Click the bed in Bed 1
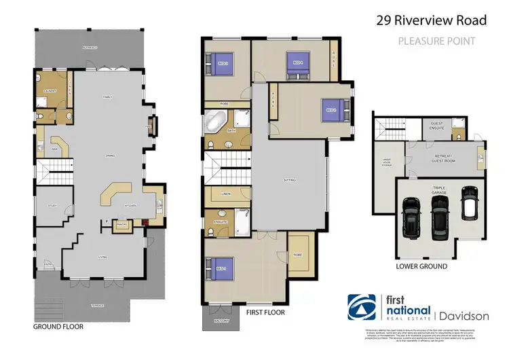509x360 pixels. click(x=223, y=268)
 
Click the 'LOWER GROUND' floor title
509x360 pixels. click(x=421, y=266)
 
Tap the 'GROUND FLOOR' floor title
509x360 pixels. click(x=58, y=327)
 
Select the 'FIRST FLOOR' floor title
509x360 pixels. click(x=265, y=313)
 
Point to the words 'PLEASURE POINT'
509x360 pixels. click(x=436, y=41)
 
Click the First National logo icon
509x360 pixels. click(x=360, y=306)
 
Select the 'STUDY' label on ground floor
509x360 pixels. click(x=52, y=205)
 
